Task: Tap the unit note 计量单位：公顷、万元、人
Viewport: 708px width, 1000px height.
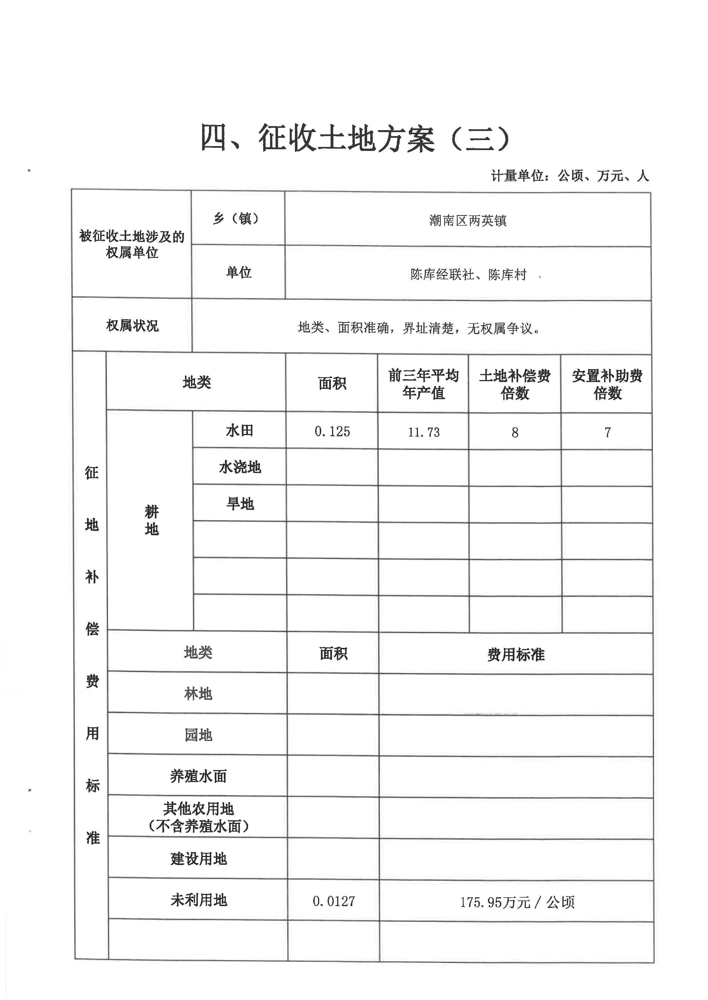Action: [x=570, y=175]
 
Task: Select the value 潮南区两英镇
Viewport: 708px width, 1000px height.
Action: [x=467, y=221]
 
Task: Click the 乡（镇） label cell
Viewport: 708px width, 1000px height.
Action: [x=238, y=218]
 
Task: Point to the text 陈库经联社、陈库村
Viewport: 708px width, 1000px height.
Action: [x=468, y=274]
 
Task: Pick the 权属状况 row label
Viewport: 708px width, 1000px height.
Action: [x=132, y=326]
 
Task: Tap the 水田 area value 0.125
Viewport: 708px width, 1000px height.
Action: [x=332, y=431]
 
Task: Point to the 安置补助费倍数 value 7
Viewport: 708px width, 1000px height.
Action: [x=607, y=432]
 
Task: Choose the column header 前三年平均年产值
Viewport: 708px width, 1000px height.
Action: [x=423, y=384]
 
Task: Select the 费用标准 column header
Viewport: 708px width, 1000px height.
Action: [x=516, y=654]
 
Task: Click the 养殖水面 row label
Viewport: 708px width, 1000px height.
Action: [x=198, y=776]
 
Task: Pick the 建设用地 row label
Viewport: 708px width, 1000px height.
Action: [x=198, y=859]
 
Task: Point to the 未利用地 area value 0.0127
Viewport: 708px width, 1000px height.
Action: [x=333, y=901]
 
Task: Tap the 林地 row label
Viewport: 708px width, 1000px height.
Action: [x=198, y=694]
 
